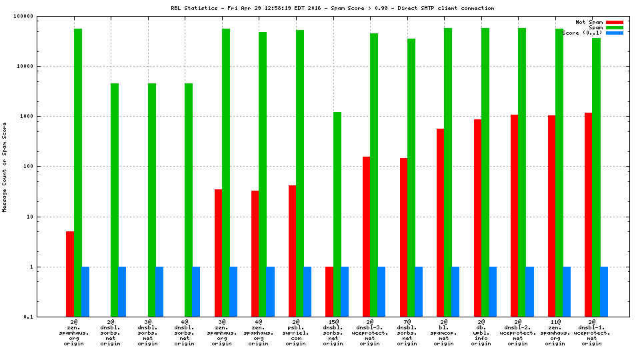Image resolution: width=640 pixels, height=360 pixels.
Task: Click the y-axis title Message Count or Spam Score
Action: click(5, 167)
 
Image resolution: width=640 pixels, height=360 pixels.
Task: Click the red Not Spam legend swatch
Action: click(614, 22)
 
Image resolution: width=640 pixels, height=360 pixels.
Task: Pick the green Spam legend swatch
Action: click(614, 27)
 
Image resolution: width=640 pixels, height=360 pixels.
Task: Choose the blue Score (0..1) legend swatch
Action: click(614, 33)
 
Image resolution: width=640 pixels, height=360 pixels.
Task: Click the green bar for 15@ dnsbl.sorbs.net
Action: click(337, 214)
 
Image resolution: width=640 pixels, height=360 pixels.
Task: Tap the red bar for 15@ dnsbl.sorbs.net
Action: click(329, 291)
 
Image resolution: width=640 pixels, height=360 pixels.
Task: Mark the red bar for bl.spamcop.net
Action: click(440, 223)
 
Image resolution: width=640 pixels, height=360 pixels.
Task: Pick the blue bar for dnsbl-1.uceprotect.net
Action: click(603, 291)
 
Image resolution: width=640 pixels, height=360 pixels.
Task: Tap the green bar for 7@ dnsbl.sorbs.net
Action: click(411, 177)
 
